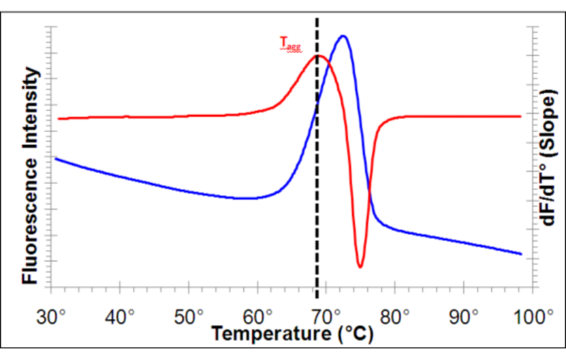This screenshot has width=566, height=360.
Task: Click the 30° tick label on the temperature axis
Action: [x=52, y=316]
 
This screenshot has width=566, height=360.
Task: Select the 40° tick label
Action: [x=121, y=316]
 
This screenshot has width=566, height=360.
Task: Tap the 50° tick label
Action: [x=189, y=316]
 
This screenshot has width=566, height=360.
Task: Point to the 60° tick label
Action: [x=258, y=316]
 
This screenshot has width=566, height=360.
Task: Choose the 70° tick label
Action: [x=327, y=316]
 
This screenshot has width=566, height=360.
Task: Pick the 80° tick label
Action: [x=396, y=316]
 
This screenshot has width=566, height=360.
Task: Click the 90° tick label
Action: [x=465, y=316]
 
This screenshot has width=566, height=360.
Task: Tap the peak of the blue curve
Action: [x=343, y=36]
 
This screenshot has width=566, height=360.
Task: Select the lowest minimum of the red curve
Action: [x=360, y=267]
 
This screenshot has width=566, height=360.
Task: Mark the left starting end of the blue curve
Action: [x=56, y=159]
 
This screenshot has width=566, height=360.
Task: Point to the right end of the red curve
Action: [x=521, y=116]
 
